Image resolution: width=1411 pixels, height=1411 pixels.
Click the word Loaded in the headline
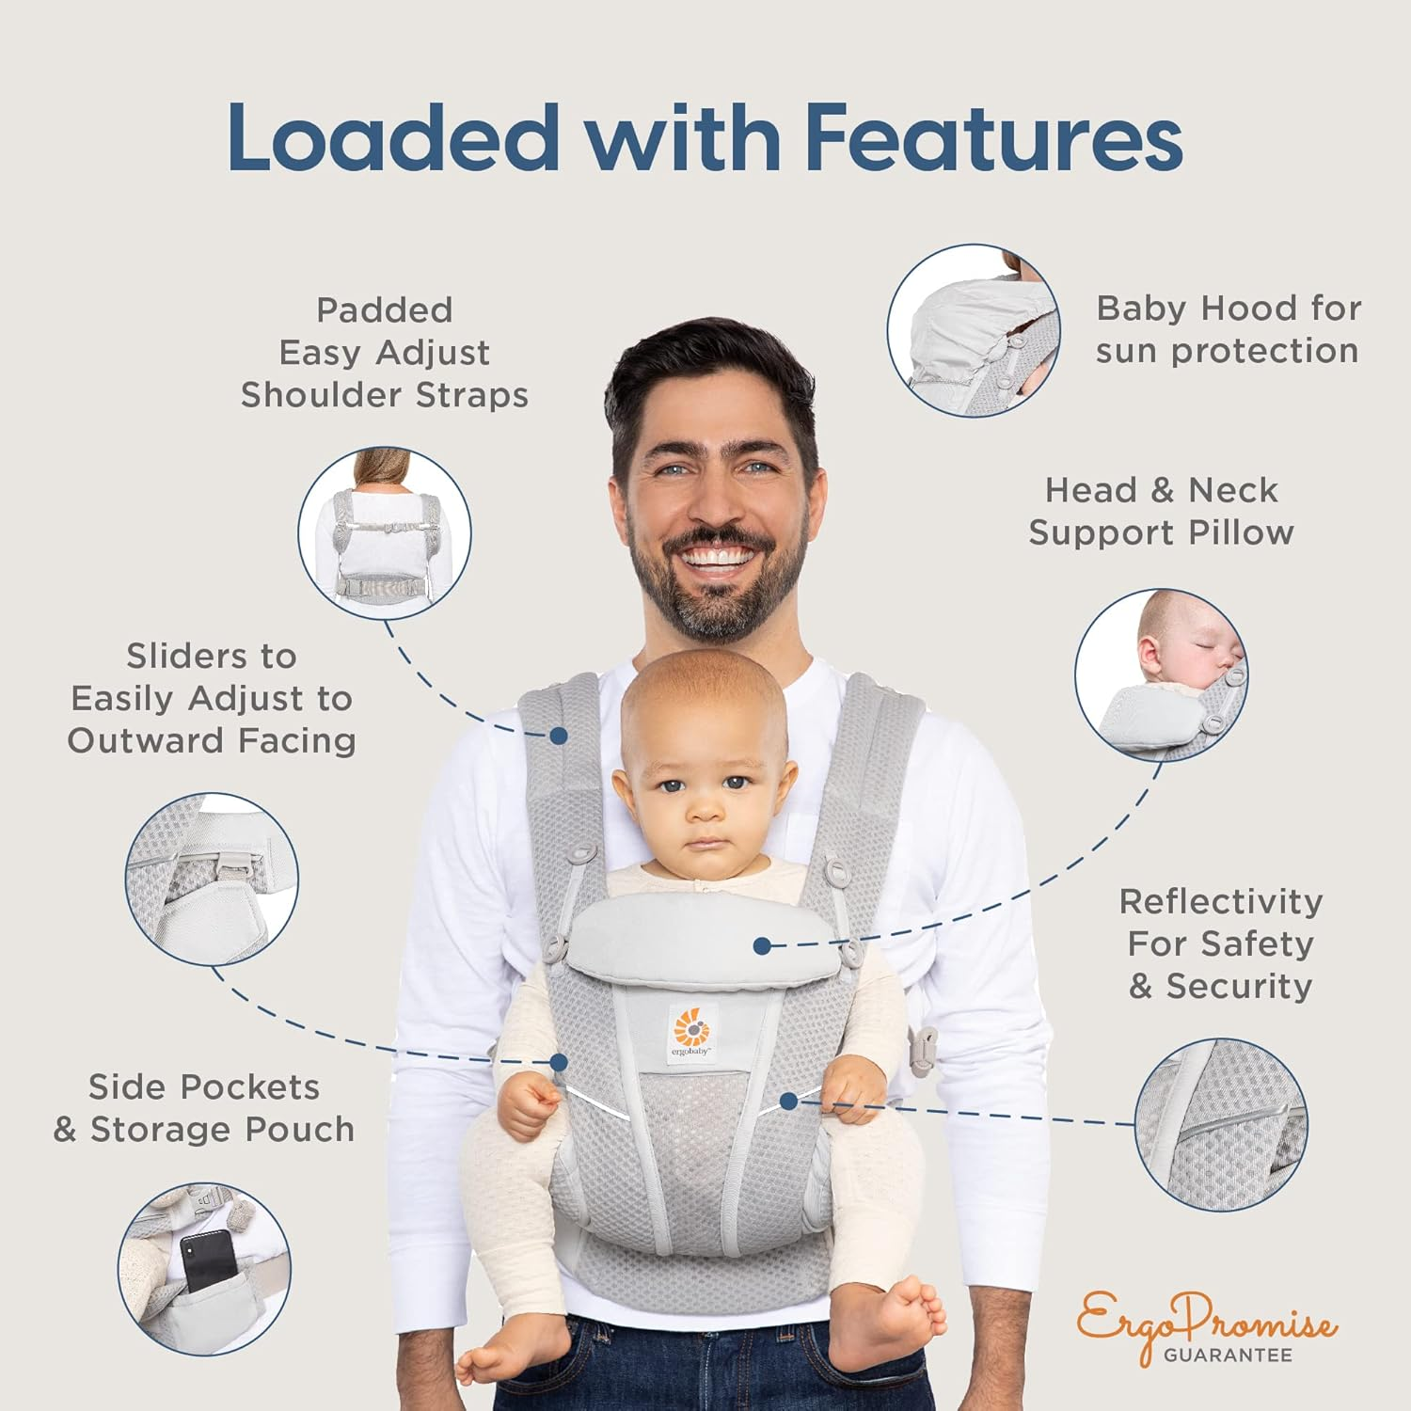coord(393,137)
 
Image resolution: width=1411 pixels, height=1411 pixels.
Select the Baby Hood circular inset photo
coord(974,331)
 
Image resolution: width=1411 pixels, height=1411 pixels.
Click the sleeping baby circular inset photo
coord(1161,674)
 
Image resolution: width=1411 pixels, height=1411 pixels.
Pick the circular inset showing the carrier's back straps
coord(385,533)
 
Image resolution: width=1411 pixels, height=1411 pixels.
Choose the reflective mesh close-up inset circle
coord(1221,1124)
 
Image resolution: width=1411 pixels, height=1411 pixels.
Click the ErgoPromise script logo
coord(1207,1322)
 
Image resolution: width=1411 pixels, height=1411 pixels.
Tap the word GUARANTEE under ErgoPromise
coord(1228,1356)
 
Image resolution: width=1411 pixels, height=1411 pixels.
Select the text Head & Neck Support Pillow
coord(1161,511)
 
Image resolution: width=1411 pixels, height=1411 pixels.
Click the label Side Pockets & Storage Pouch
coord(204,1108)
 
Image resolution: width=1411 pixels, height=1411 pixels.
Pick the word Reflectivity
coord(1220,901)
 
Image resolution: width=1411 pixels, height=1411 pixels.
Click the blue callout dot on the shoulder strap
coord(559,734)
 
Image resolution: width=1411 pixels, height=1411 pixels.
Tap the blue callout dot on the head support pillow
coord(763,945)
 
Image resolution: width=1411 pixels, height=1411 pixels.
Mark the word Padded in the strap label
coord(384,309)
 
